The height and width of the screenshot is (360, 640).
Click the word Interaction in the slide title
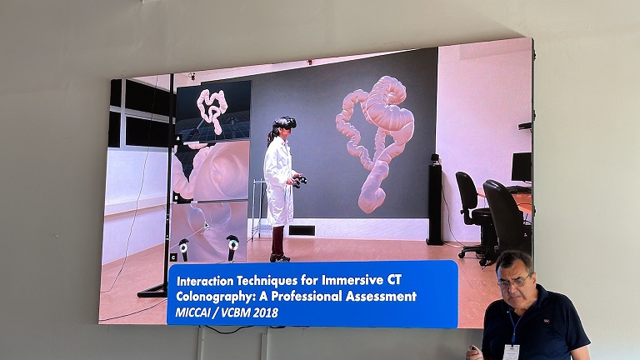(206, 281)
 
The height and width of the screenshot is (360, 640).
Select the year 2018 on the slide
(265, 312)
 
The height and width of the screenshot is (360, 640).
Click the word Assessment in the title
(381, 296)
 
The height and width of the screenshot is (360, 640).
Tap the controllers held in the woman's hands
(300, 181)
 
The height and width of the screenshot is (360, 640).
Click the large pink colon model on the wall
(375, 142)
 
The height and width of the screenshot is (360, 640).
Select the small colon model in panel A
(212, 109)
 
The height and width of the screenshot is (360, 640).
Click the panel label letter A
(178, 138)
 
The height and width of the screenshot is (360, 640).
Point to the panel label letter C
(173, 257)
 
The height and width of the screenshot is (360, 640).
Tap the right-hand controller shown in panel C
(232, 247)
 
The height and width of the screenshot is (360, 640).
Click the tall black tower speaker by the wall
(435, 200)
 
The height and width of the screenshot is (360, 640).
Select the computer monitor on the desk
(521, 167)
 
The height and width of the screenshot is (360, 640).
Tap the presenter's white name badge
(511, 352)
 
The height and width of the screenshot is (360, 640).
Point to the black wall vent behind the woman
(302, 231)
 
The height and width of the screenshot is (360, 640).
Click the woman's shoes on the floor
(280, 258)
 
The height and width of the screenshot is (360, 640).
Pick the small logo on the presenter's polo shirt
(545, 321)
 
